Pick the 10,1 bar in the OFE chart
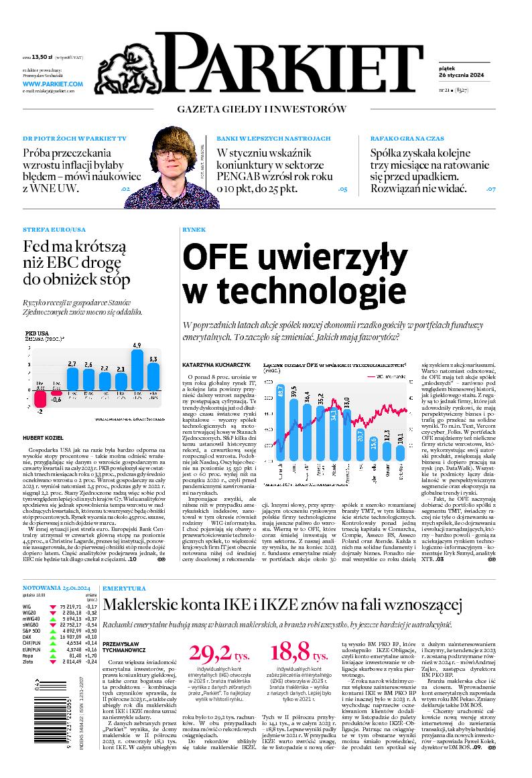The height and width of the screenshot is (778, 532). point(400,451)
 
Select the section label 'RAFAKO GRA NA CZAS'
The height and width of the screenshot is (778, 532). point(406,138)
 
